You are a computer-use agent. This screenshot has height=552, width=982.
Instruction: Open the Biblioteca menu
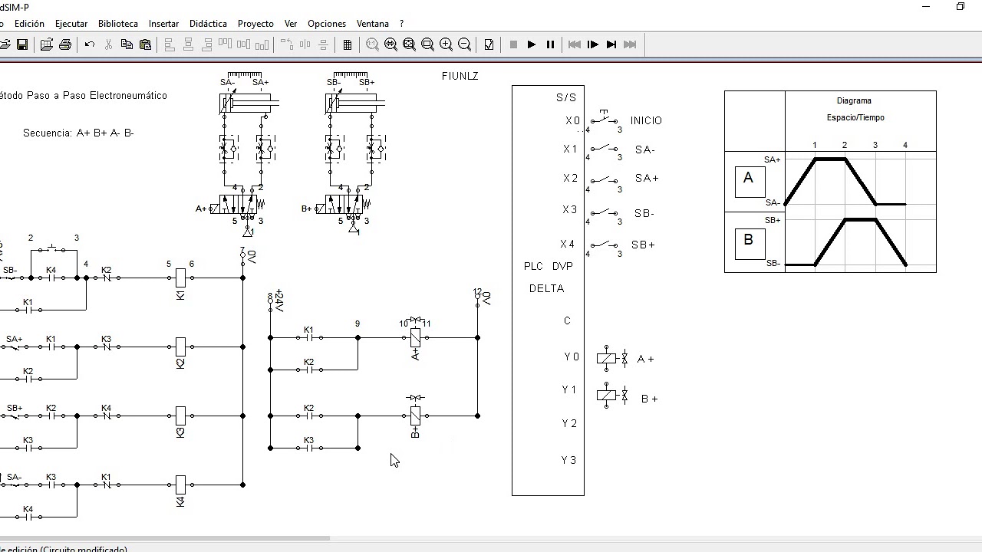pos(118,24)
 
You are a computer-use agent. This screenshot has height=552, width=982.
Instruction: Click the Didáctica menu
pos(208,24)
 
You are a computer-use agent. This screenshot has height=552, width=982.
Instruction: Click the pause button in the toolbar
pos(550,44)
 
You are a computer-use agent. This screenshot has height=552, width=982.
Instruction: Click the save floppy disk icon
pos(22,44)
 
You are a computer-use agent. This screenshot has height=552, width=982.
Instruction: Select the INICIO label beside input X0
pos(646,120)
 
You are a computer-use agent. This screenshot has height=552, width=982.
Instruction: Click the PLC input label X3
pos(569,209)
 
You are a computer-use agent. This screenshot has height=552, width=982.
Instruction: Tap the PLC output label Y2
pos(569,423)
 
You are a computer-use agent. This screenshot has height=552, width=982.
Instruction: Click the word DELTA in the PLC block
pos(546,288)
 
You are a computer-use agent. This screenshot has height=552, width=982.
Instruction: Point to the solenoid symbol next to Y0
pos(607,358)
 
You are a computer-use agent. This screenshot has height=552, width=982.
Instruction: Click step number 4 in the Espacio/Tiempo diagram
pos(905,145)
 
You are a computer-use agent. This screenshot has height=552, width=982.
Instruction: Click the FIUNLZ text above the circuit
pos(460,76)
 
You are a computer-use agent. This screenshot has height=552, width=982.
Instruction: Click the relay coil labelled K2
pos(181,347)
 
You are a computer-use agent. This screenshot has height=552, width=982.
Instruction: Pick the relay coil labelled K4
pos(181,485)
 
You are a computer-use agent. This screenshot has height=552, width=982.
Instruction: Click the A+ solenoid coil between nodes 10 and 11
pos(415,337)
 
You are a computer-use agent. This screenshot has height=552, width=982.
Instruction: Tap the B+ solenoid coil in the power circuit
pos(415,416)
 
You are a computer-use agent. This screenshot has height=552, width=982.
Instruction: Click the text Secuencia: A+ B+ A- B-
pos(78,133)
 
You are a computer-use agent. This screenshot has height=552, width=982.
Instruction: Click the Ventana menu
pos(373,24)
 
